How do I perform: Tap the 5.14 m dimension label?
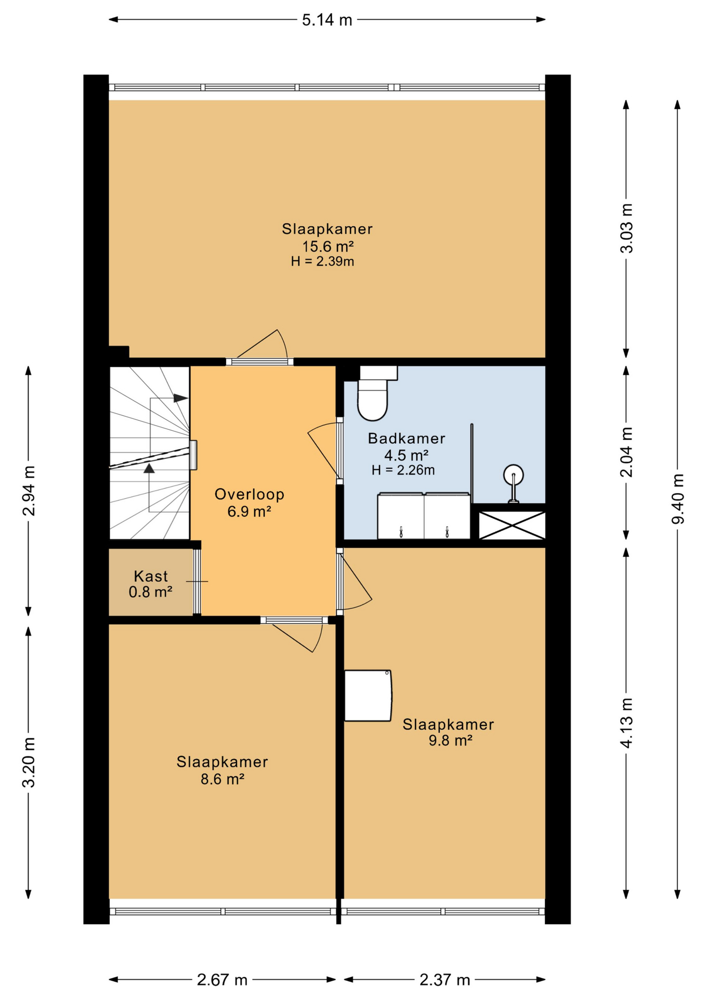click(x=327, y=20)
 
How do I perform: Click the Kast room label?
click(x=151, y=576)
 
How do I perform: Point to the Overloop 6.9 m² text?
click(x=249, y=502)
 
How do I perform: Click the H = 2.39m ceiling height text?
click(x=322, y=261)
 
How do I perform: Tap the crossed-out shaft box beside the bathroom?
click(x=512, y=526)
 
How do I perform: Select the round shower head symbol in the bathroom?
click(x=513, y=475)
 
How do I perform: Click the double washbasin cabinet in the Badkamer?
click(x=424, y=516)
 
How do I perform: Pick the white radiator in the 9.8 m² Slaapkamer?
click(x=368, y=695)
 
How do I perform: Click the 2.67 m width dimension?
click(x=222, y=980)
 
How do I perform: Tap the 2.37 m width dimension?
click(x=444, y=980)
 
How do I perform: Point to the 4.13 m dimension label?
click(x=626, y=723)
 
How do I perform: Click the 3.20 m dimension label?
click(x=29, y=762)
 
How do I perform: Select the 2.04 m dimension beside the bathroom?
click(x=626, y=452)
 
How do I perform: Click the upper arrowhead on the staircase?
click(x=180, y=398)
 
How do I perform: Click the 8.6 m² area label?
click(x=222, y=779)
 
